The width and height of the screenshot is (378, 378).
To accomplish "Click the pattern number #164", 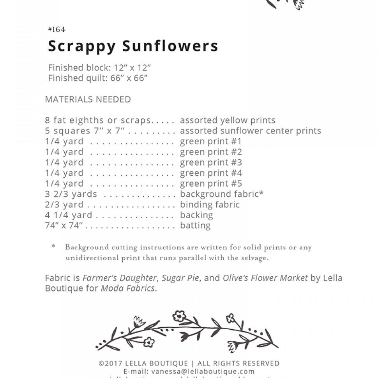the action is [x=57, y=30].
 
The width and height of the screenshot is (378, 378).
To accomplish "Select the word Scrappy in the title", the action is [x=82, y=46].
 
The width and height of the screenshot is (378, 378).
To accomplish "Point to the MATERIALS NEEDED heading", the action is [x=88, y=99].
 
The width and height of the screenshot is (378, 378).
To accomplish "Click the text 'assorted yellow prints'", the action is [x=228, y=120].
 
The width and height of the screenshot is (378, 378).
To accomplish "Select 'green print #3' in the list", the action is [x=211, y=163].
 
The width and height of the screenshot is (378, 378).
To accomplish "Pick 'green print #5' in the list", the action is [x=211, y=184].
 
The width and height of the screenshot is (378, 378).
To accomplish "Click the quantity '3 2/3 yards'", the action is [x=71, y=194].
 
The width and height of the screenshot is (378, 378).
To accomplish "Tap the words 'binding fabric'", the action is [x=210, y=205].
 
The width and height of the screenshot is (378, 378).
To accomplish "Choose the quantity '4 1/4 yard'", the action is [x=69, y=215].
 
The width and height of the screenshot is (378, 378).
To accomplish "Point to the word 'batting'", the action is [x=195, y=226].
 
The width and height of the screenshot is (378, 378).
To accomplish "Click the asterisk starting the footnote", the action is [x=53, y=247].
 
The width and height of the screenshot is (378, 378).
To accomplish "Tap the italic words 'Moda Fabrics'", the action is [x=128, y=289].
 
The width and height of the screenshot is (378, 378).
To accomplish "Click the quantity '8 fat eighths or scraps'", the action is [x=97, y=120].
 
